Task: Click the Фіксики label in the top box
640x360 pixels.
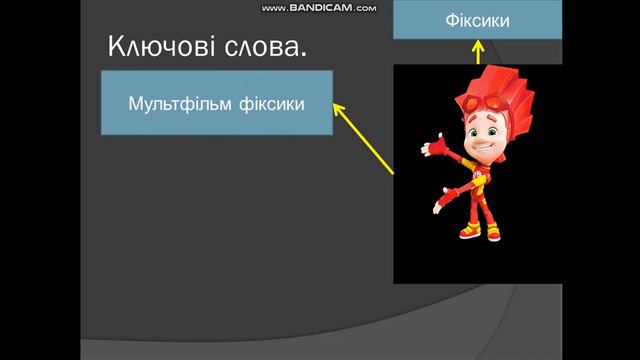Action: tap(477, 20)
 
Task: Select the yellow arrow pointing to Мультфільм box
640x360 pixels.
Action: tap(365, 137)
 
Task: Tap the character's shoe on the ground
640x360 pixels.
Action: tap(469, 233)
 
